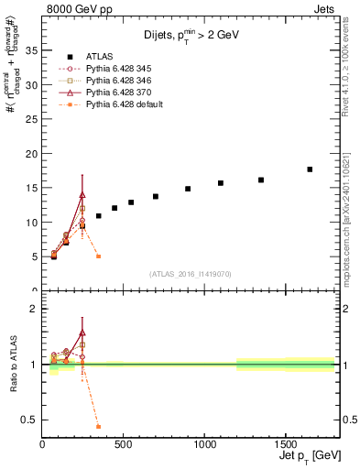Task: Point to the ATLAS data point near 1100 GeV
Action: [221, 183]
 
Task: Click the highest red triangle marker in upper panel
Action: [82, 194]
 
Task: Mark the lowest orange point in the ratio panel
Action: [98, 427]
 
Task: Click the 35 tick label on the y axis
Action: [31, 50]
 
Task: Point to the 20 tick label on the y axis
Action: [31, 153]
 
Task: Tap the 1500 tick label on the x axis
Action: [285, 443]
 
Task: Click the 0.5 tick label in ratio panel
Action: [29, 420]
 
